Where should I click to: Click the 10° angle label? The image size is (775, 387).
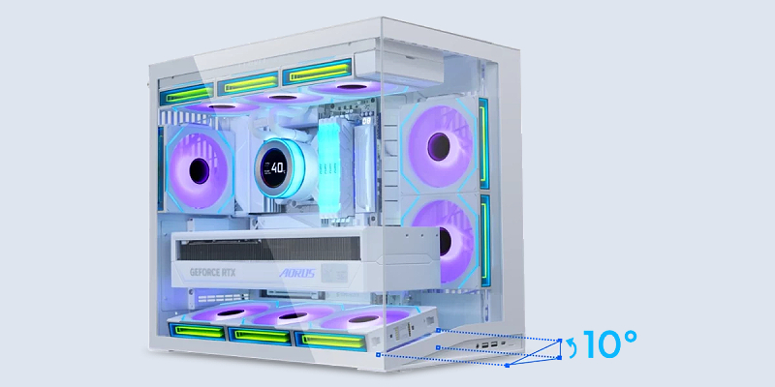coord(610,343)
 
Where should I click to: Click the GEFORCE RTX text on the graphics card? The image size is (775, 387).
coord(213,272)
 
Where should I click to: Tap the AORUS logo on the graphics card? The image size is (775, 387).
coord(296,273)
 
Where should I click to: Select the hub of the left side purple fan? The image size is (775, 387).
coord(200,171)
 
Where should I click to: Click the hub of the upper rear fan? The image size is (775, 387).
coord(439,147)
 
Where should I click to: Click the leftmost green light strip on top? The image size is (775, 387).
coord(187,94)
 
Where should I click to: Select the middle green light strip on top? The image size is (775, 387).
coord(248,82)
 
